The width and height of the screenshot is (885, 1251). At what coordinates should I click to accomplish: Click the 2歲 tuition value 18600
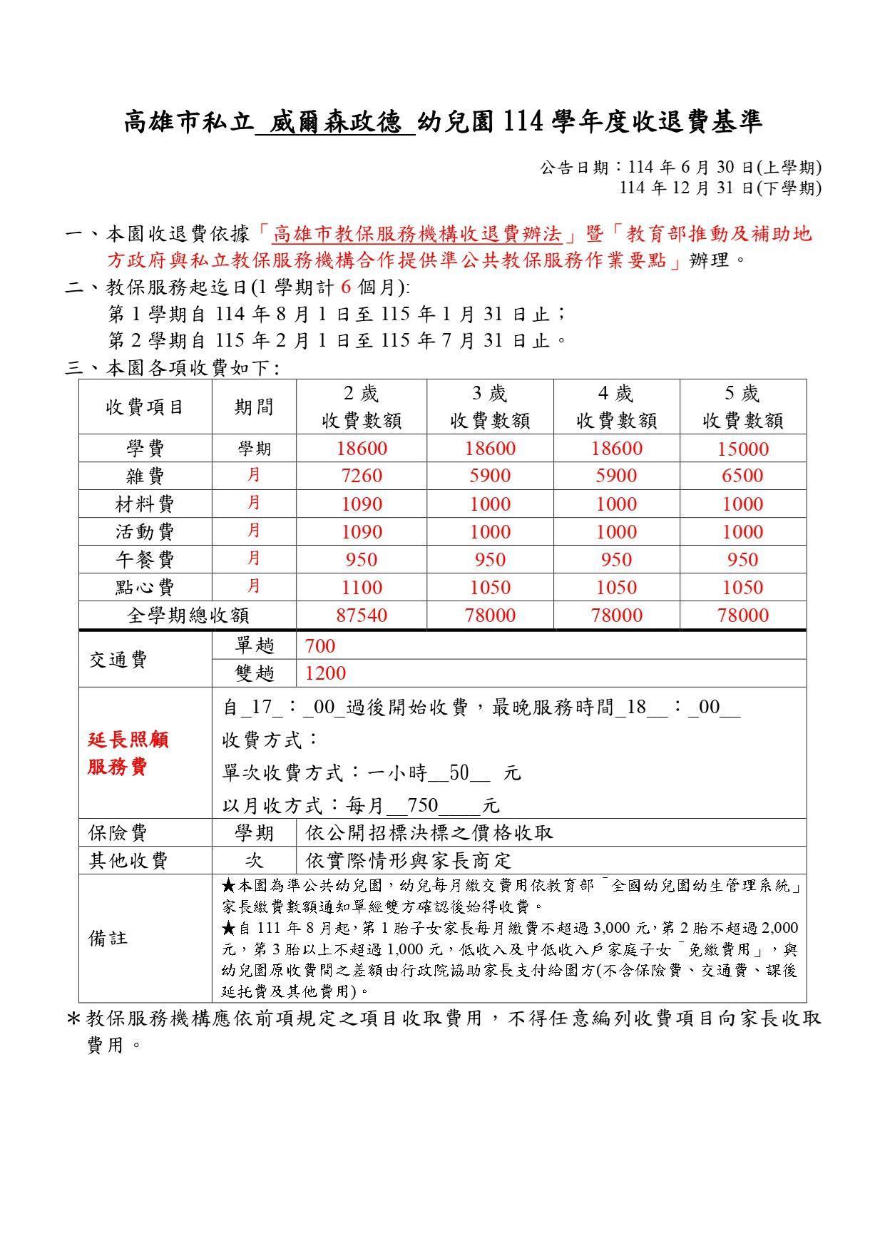tap(362, 449)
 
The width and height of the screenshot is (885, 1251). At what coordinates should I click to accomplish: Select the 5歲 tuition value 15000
tap(742, 449)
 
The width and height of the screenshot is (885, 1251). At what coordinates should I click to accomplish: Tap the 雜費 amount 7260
tap(362, 476)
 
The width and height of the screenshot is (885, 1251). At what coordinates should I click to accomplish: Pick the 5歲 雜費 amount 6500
tap(742, 476)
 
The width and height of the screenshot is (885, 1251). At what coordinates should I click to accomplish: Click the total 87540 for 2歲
tap(362, 616)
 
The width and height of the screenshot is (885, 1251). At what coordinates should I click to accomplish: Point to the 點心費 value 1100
tap(362, 588)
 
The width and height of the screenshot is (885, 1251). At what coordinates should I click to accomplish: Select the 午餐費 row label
tap(145, 560)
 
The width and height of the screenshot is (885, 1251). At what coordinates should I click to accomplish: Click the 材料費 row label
tap(145, 504)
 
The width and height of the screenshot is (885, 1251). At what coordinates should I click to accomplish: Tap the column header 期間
tap(254, 407)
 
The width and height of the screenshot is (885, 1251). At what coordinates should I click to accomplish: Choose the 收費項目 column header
tap(145, 407)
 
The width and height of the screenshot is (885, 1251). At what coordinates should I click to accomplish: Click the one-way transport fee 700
tap(319, 646)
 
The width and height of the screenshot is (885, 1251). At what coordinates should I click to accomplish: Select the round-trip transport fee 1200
tap(325, 673)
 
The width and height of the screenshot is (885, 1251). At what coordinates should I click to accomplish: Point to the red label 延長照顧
tap(128, 740)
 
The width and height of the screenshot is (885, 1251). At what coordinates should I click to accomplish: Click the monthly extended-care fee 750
tap(423, 806)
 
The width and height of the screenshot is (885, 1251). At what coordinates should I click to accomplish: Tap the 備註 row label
tap(108, 938)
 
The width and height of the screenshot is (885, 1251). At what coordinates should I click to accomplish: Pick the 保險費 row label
tap(118, 833)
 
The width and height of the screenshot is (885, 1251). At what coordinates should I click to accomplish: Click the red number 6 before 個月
tap(347, 287)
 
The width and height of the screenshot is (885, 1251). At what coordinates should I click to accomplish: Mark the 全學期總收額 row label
tap(188, 616)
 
